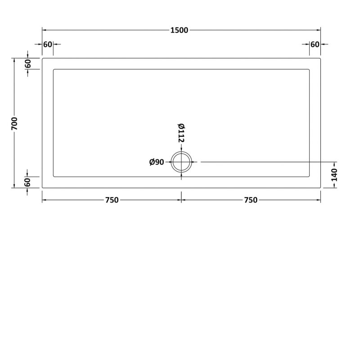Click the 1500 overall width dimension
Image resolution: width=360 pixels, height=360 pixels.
coord(179,31)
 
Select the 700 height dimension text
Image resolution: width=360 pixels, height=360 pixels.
coord(14,123)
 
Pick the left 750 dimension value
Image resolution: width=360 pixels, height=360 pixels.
coord(112,200)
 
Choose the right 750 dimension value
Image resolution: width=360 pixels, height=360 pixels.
coord(251,200)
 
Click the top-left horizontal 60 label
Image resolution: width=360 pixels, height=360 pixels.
coord(48,44)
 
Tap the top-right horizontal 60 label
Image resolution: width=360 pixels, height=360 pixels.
coord(315,44)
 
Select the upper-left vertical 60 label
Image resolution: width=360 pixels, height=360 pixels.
coord(28,63)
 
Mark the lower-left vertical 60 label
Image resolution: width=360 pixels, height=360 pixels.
coord(28,182)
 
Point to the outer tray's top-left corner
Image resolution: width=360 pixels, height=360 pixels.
coord(42,58)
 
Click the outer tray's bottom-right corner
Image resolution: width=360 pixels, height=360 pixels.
coord(320,188)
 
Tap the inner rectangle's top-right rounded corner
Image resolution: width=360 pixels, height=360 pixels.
coord(309,70)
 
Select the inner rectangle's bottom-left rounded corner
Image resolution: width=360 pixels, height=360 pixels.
coord(54,176)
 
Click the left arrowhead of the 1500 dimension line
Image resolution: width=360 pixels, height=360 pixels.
coord(44,31)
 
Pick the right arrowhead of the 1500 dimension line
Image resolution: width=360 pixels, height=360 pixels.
coord(319,31)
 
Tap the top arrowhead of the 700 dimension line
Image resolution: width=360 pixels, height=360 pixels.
coord(14,60)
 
